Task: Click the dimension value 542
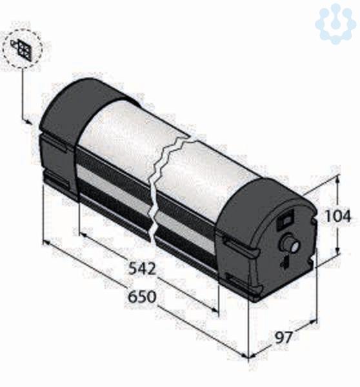[x=143, y=268]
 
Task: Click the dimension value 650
[x=142, y=297]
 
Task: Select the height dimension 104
[x=338, y=216]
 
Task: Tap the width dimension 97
[x=284, y=337]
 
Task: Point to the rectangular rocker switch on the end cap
[x=285, y=220]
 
